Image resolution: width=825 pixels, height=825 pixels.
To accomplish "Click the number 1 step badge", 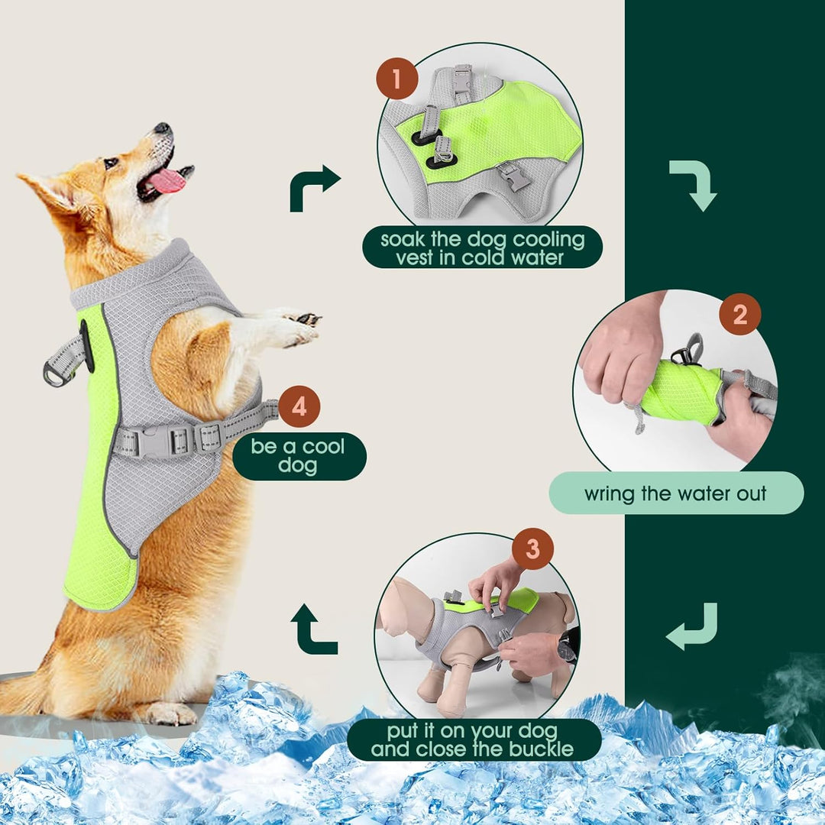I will [x=396, y=79].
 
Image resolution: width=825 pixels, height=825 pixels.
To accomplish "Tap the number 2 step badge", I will [x=739, y=315].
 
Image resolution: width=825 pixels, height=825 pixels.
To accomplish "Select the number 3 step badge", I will [x=532, y=548].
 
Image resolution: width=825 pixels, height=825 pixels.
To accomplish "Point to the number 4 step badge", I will [x=299, y=407].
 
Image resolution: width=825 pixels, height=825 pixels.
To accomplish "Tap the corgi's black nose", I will [x=162, y=129].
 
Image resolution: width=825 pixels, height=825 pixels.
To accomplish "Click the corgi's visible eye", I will [x=111, y=163].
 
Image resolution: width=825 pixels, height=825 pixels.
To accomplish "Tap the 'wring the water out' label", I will [x=675, y=493].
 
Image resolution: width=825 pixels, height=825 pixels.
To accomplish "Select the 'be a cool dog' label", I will [x=299, y=456].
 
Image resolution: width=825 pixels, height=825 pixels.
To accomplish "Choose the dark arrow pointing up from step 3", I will [x=313, y=629].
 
